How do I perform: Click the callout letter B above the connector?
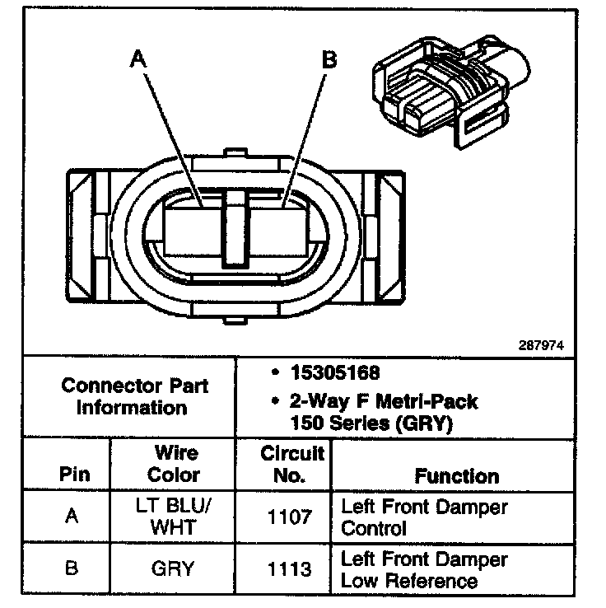pos(329,59)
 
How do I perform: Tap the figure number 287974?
pos(543,345)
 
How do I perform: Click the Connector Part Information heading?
pos(135,396)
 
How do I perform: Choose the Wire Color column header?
pos(175,464)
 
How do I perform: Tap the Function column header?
pos(456,475)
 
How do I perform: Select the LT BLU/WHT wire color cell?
pos(175,517)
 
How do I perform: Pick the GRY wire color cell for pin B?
pos(175,568)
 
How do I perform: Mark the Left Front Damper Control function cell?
pos(424,517)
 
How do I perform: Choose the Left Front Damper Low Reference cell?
pos(424,569)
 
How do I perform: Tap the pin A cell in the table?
pos(72,517)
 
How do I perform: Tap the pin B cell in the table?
pos(72,568)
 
